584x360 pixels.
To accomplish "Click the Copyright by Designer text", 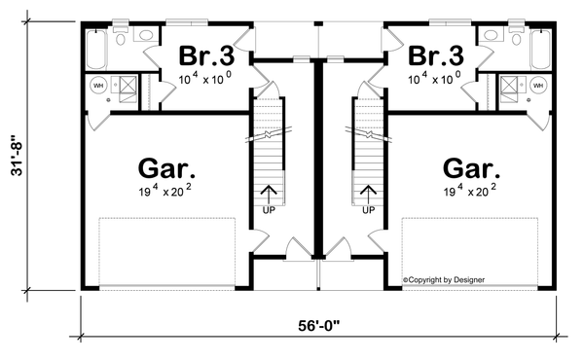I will pyautogui.click(x=444, y=281).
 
